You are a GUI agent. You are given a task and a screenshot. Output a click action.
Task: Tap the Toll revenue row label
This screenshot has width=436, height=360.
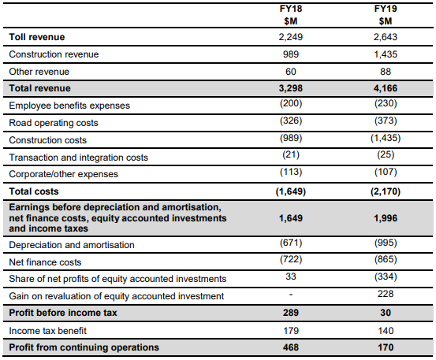37,37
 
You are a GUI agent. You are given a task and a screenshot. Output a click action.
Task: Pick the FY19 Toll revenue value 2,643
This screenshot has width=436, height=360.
386,37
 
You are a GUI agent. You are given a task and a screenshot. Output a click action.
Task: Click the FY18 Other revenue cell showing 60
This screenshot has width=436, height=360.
291,72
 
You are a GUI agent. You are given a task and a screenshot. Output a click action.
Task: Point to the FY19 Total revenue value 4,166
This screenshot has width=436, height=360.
386,88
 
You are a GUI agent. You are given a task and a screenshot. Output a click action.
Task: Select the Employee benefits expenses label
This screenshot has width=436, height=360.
69,106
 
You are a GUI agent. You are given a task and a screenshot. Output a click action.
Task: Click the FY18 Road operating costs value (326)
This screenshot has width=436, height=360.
291,121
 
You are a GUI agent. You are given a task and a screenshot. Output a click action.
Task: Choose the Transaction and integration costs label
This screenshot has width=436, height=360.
78,158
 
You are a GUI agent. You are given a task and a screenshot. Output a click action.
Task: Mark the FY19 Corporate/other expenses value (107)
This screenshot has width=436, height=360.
386,172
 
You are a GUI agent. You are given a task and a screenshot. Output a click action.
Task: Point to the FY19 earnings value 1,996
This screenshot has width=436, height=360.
386,218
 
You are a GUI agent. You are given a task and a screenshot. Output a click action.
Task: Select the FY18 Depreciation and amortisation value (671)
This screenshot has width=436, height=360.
291,243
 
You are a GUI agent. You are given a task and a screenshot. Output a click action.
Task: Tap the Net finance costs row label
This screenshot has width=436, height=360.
45,262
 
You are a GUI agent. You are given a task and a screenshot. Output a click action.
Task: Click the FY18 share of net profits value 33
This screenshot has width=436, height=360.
291,276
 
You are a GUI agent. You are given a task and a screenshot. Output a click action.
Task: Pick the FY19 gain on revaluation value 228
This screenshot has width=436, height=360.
386,294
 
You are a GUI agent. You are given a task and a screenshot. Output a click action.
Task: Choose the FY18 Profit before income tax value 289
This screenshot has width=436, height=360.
291,313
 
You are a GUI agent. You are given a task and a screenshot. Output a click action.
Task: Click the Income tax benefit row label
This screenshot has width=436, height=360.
47,331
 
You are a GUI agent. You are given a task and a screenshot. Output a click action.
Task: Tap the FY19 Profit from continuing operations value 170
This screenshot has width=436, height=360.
386,347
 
